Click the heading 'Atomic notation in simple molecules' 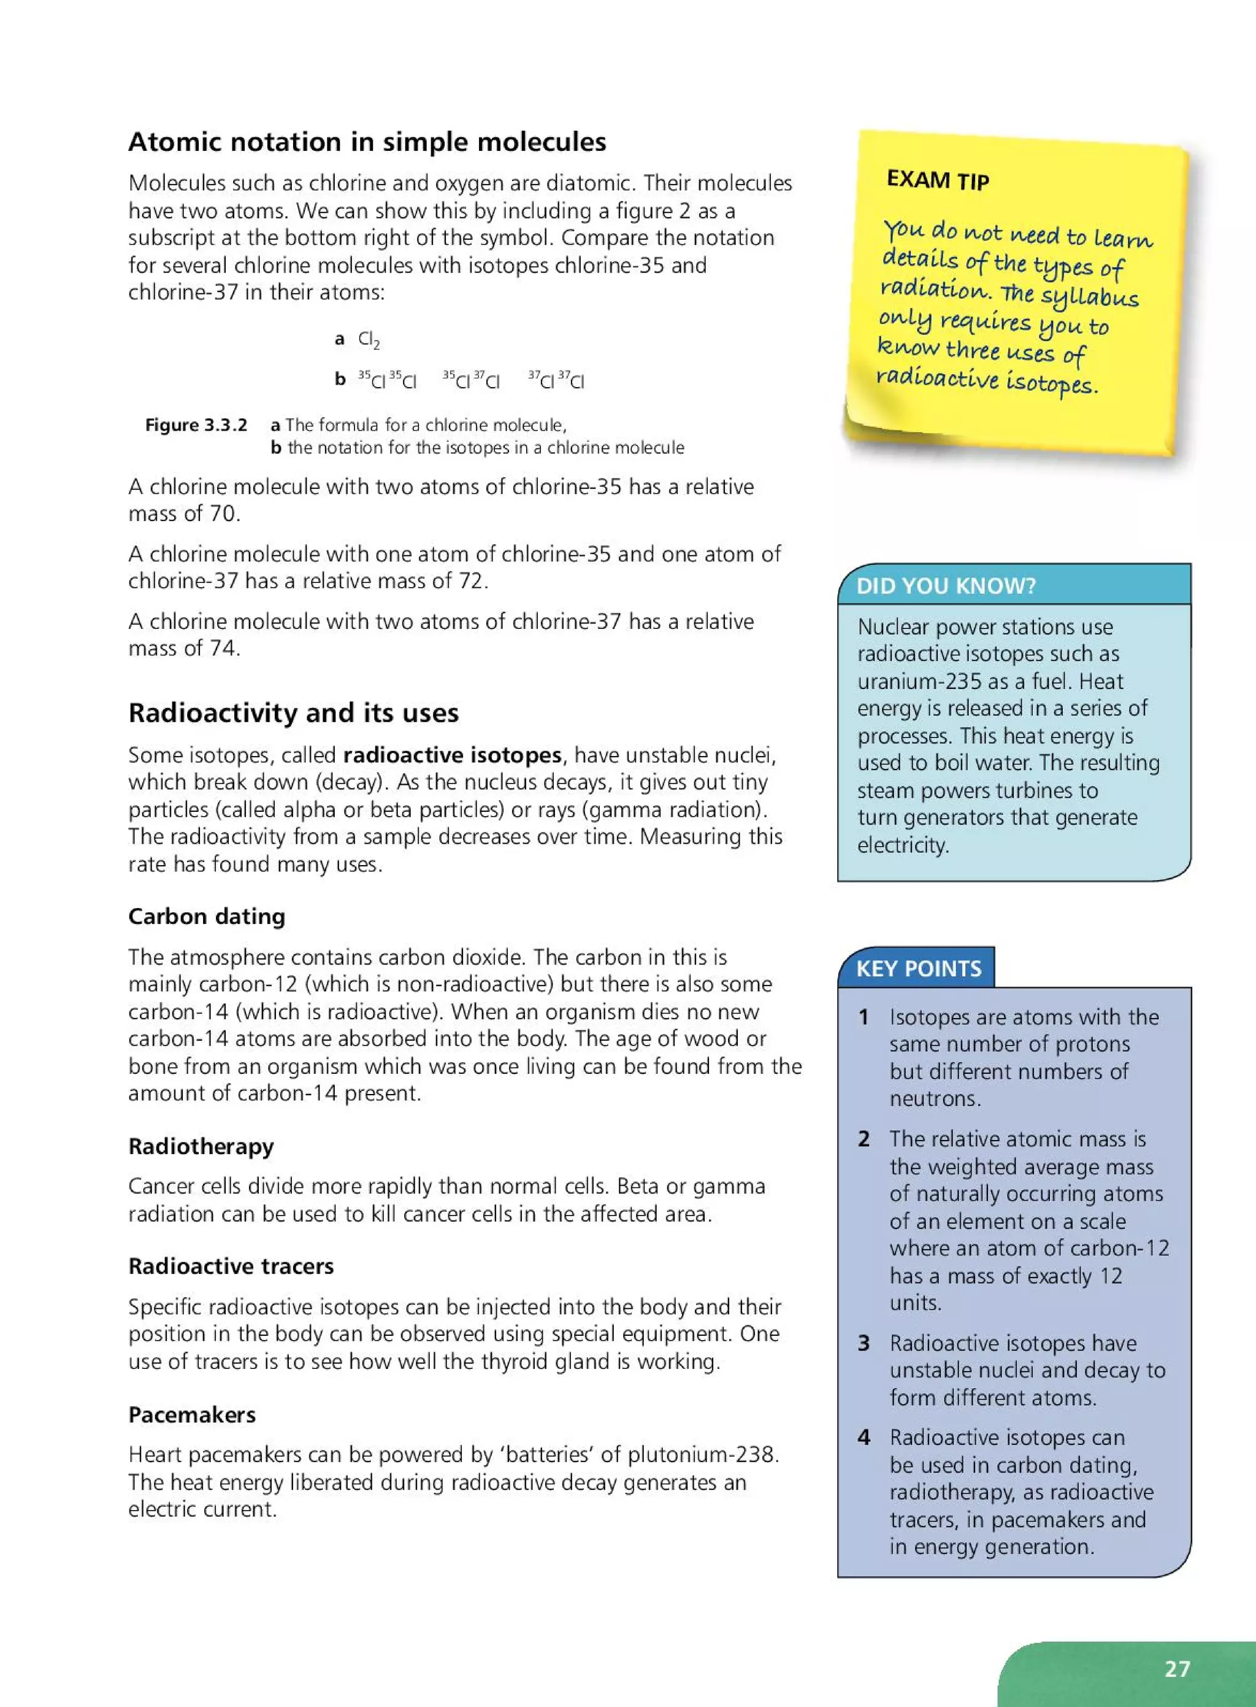[367, 142]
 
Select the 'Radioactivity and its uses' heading [294, 713]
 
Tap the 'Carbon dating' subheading [206, 916]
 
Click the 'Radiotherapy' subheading [201, 1146]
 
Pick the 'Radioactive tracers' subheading [231, 1266]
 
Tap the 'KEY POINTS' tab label [919, 968]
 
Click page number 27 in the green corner [1177, 1668]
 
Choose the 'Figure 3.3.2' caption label [196, 425]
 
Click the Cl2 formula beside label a [369, 339]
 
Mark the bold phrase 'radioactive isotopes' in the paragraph [451, 755]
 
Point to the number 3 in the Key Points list [863, 1343]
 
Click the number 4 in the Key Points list [863, 1437]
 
